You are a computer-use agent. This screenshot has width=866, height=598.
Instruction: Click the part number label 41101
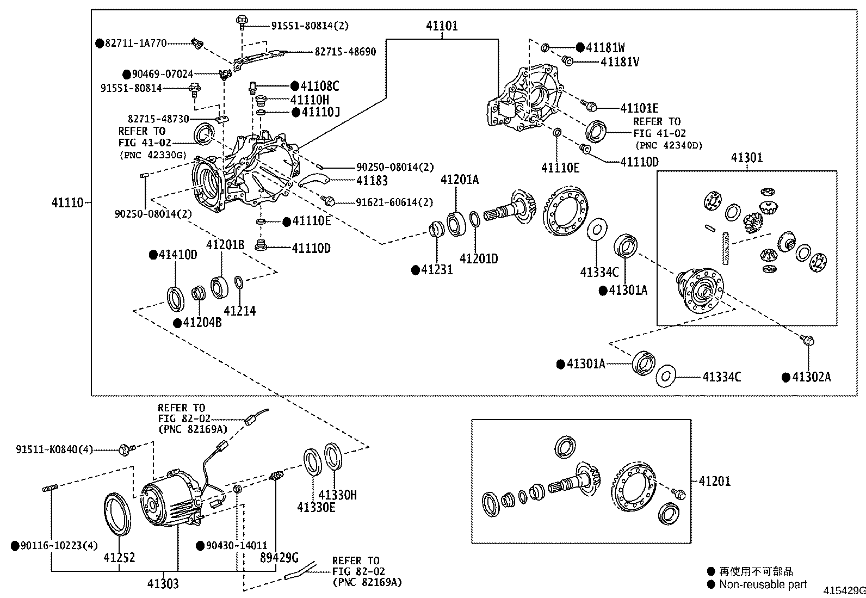tap(441, 26)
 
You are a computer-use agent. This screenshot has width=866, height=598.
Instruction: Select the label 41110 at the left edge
tap(67, 203)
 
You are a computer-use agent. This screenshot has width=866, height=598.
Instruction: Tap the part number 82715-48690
tap(345, 52)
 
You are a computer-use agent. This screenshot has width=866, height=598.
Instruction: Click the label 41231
tap(436, 269)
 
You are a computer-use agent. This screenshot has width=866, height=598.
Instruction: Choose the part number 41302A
tap(811, 377)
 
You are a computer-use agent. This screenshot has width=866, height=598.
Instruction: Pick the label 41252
tap(119, 558)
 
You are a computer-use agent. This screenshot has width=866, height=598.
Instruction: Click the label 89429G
tap(279, 558)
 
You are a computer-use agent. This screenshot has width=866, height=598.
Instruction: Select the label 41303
tap(162, 584)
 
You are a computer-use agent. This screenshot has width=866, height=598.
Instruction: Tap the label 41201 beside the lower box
tap(715, 482)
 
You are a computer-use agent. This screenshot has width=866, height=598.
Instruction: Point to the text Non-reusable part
tap(763, 585)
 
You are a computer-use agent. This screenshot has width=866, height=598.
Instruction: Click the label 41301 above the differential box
tap(746, 158)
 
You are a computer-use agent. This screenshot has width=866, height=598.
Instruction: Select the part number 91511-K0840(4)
tap(54, 449)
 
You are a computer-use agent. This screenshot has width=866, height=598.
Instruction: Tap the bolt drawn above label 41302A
tap(807, 341)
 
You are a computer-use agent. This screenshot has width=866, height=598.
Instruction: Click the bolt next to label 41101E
tap(588, 103)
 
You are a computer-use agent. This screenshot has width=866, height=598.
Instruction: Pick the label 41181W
tap(605, 47)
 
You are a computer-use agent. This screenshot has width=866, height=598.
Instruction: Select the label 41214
tap(239, 311)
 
